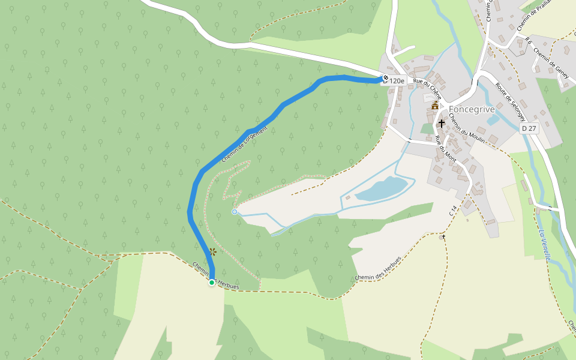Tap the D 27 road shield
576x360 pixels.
(529, 128)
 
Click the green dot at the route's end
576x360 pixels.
(212, 282)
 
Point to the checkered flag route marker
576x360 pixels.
(385, 78)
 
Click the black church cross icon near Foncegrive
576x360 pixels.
(442, 124)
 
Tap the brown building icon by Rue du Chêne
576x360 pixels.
(435, 105)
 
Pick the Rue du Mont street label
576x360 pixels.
(446, 149)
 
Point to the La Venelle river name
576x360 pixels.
(545, 245)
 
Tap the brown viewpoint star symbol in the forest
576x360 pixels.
(212, 252)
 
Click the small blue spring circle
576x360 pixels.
(235, 212)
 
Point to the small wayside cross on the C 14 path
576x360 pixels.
(444, 237)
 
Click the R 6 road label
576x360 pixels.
(528, 40)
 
